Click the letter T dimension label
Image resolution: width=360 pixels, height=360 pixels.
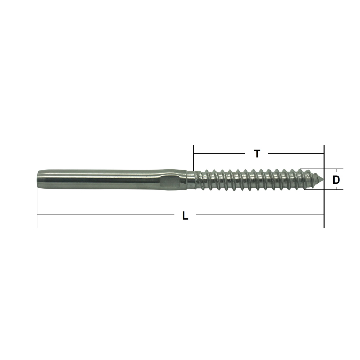point(257,153)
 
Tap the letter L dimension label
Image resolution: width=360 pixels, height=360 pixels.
point(186,216)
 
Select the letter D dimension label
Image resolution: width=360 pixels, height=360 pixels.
point(336,179)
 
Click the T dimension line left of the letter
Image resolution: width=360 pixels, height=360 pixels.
point(221,153)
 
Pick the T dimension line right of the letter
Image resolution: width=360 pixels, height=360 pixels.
point(296,153)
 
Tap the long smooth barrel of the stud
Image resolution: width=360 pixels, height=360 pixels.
point(103,179)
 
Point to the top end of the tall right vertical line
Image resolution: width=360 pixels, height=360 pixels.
point(324,146)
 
